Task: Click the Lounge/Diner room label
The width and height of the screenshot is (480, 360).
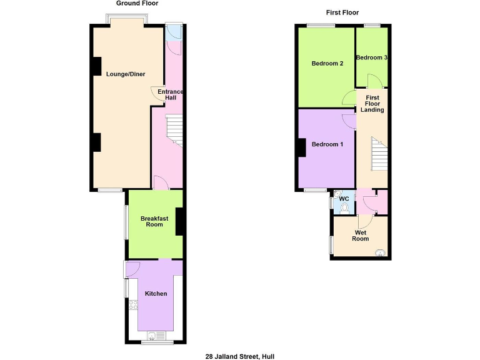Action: point(126,74)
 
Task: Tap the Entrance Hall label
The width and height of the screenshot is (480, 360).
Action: point(170,94)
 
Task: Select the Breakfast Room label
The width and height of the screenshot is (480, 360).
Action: point(154,221)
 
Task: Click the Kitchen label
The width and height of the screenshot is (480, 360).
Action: point(156,293)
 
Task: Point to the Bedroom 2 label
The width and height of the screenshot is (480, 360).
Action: point(327,63)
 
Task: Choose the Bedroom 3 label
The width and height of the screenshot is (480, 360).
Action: point(372,57)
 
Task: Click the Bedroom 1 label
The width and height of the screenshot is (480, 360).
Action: point(327,144)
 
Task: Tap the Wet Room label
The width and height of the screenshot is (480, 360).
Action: point(361,236)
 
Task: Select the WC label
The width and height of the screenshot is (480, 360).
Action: point(343,198)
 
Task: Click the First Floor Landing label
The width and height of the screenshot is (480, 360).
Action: point(372,104)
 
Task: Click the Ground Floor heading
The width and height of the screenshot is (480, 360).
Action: point(136,3)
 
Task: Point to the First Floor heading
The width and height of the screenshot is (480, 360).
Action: point(342,12)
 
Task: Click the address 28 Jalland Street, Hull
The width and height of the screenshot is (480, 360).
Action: point(239,356)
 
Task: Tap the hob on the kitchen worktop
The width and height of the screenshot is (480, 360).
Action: point(132,305)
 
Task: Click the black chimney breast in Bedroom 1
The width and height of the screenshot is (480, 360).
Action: point(302,147)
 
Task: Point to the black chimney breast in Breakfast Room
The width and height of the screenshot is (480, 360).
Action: point(179,221)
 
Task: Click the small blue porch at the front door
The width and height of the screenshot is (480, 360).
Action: point(173,32)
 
